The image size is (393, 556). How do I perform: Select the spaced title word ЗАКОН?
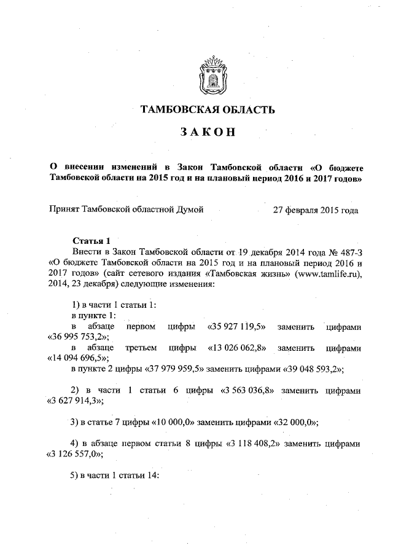coord(204,133)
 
